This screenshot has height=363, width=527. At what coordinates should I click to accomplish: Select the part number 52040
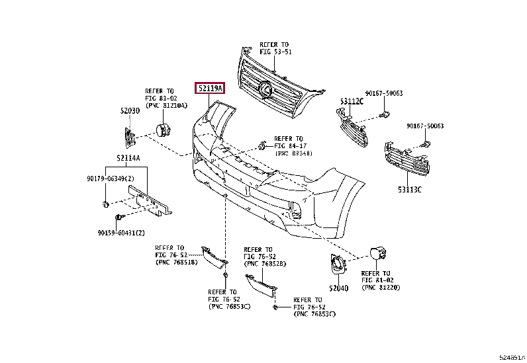coord(338,288)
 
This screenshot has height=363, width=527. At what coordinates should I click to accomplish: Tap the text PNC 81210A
coord(166,105)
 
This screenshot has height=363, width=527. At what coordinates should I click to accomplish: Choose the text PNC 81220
coord(381,288)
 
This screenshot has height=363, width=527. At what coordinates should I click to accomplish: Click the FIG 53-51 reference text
coord(275,51)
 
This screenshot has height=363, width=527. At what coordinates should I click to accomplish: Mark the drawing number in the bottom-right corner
coord(512,356)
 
